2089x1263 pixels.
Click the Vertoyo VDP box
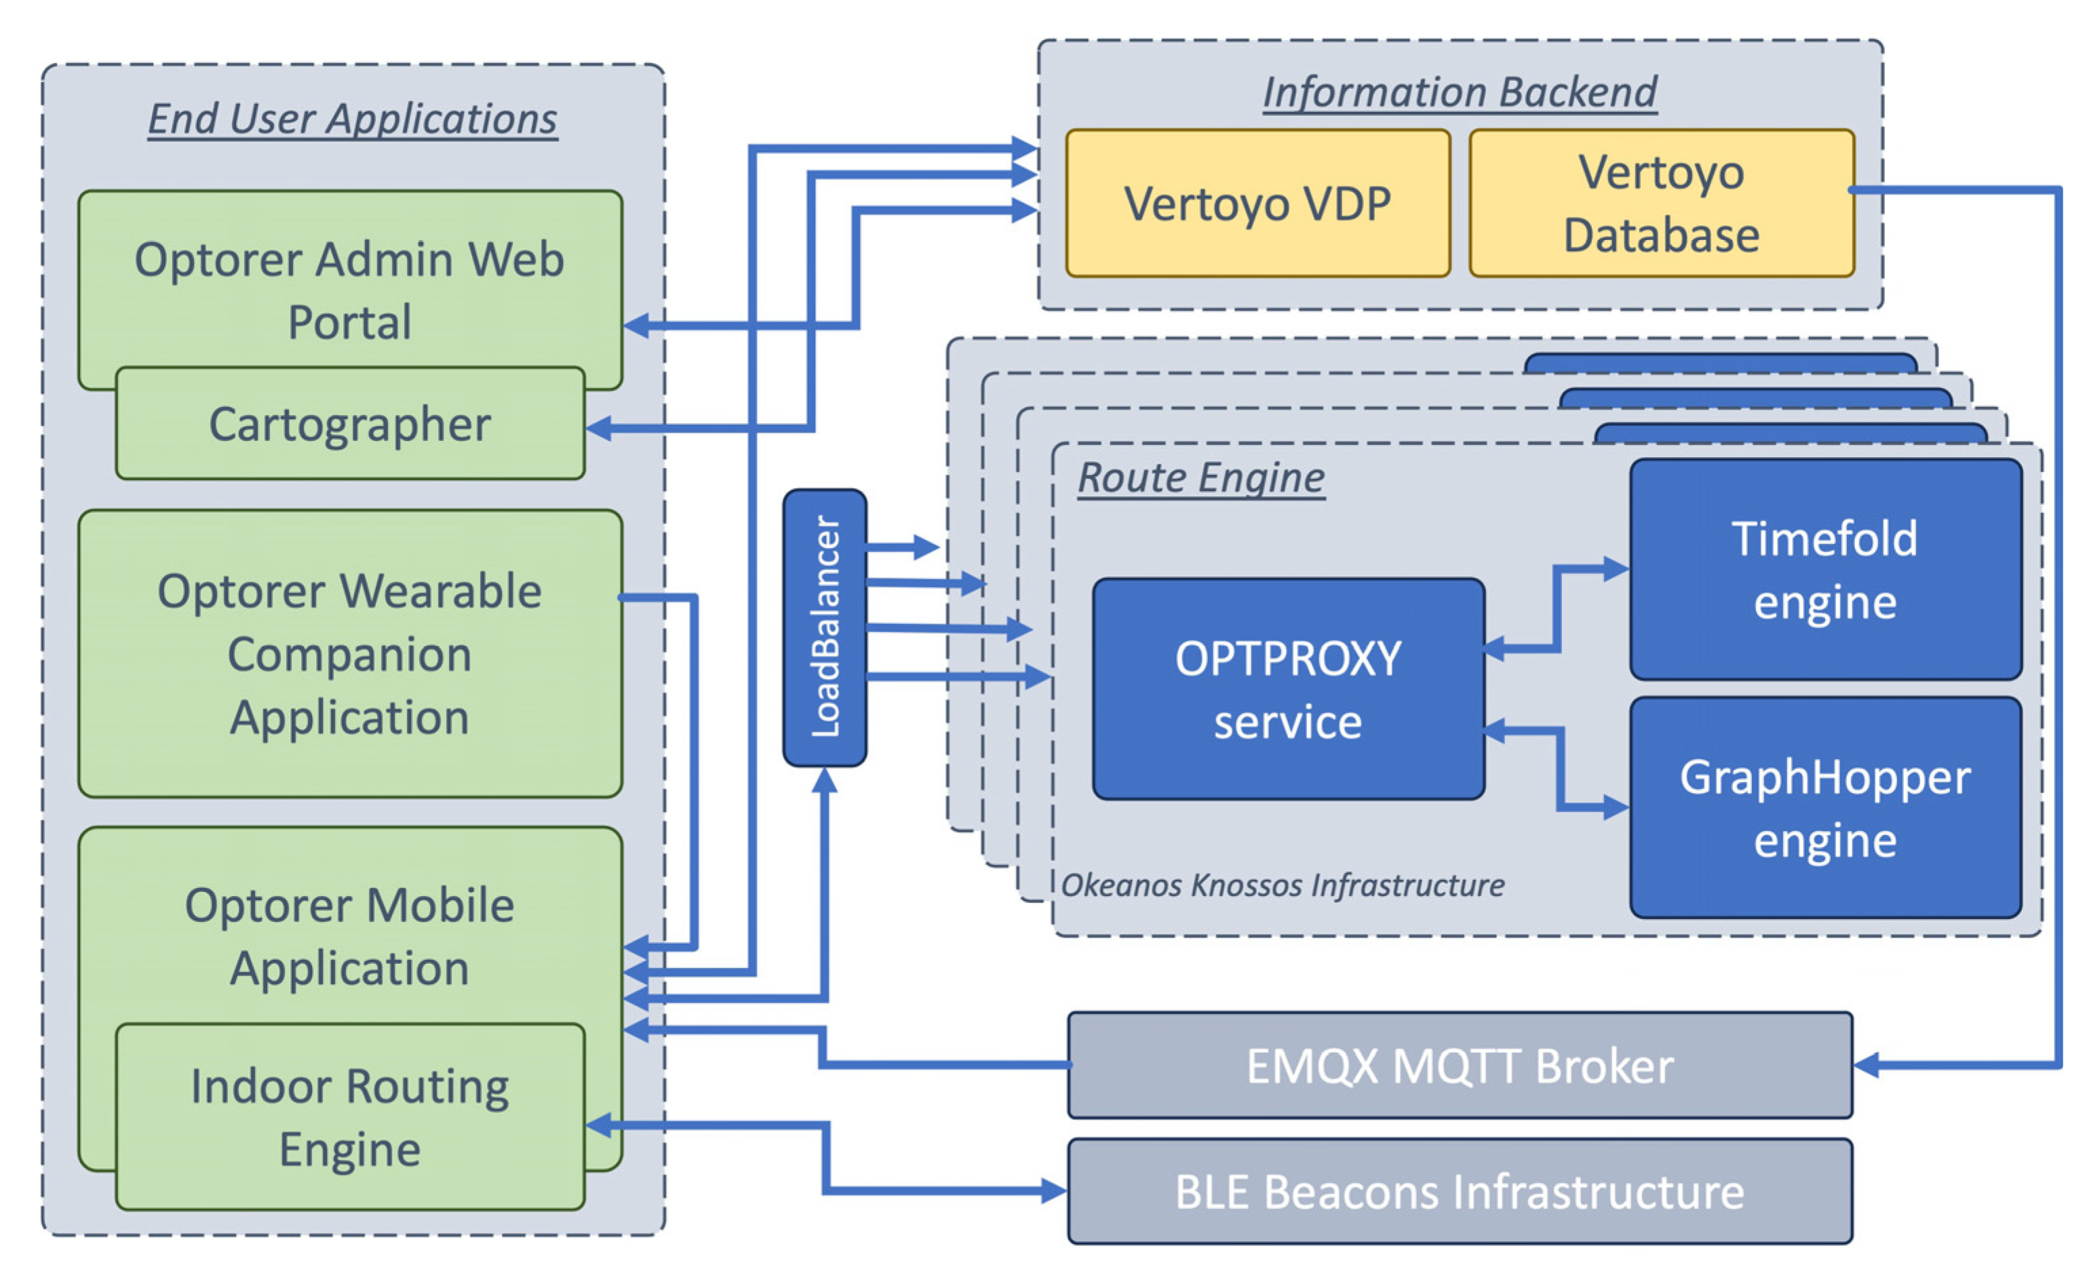tap(1257, 203)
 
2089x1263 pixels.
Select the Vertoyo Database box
tap(1661, 203)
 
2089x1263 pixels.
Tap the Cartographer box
tap(349, 424)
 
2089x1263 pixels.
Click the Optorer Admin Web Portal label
tap(349, 290)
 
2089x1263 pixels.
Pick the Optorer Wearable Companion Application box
tap(349, 653)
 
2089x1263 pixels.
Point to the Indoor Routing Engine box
tap(349, 1117)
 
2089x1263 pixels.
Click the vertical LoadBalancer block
tap(824, 627)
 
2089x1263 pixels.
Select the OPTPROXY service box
tap(1288, 689)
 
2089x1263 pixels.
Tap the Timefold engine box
tap(1824, 570)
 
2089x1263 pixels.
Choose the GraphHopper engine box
tap(1824, 808)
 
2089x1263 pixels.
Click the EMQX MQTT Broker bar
tap(1459, 1066)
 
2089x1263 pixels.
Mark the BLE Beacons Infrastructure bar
tap(1459, 1192)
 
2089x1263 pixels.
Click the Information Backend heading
tap(1459, 92)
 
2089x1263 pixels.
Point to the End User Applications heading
tap(353, 119)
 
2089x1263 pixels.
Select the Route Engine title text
tap(1200, 478)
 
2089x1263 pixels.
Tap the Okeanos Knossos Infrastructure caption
tap(1282, 885)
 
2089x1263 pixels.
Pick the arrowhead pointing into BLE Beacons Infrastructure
tap(1054, 1191)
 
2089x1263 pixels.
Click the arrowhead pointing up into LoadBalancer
tap(824, 780)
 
